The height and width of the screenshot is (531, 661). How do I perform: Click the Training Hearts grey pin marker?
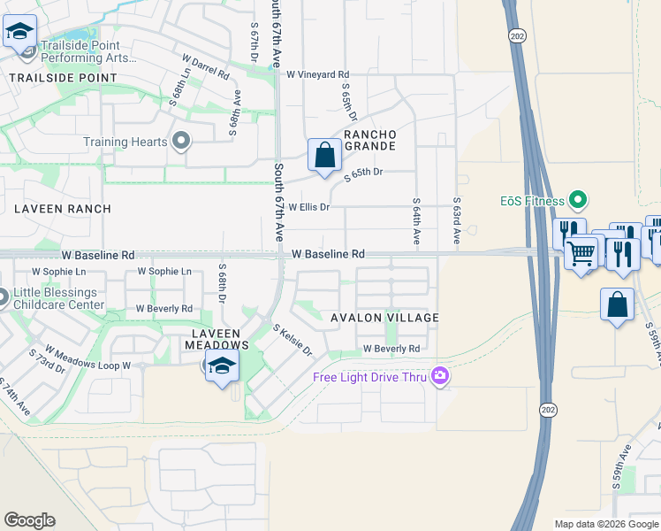coord(181,142)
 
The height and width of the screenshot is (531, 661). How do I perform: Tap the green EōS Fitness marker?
coord(577,201)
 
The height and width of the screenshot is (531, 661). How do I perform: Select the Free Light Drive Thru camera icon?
coord(439,378)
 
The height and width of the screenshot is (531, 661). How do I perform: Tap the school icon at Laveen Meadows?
coord(222,366)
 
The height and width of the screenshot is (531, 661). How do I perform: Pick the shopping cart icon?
coord(581,255)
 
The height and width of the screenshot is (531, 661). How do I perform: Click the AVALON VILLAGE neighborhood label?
coord(384,318)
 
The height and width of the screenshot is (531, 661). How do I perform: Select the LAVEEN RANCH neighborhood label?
coord(62,209)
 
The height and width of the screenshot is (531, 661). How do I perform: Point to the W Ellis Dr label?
coord(308,207)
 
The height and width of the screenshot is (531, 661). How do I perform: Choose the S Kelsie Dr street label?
coord(293,340)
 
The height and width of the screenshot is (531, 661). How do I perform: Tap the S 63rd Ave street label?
coord(457,221)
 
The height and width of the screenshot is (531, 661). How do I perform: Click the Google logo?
coord(29,520)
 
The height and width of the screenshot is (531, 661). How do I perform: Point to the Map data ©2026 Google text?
coord(605,524)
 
